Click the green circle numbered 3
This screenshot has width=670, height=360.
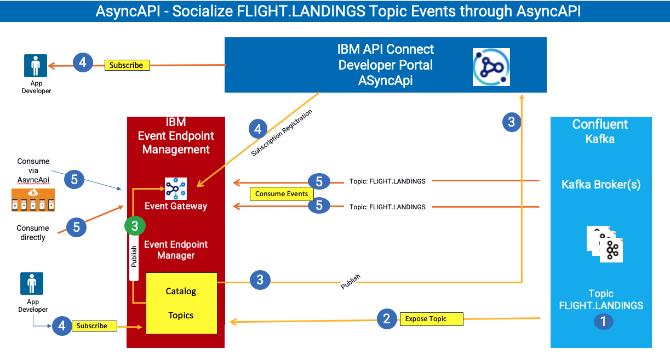click(x=135, y=226)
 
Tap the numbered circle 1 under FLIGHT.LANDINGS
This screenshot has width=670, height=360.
click(x=603, y=322)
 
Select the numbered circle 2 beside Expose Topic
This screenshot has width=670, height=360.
click(x=387, y=319)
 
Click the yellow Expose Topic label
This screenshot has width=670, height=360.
click(x=432, y=319)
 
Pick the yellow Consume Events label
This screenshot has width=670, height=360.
click(x=282, y=194)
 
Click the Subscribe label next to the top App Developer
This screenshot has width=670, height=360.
click(x=127, y=65)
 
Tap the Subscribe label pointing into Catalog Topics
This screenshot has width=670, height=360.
click(x=94, y=326)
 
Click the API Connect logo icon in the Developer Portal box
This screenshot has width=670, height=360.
click(x=491, y=67)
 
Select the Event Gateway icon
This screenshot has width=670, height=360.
click(x=176, y=188)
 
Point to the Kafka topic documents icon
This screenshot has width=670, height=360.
click(x=605, y=244)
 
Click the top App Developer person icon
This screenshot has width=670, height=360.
click(x=36, y=66)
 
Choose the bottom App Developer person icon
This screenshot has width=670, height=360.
click(x=32, y=283)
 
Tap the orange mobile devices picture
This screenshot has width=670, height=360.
click(x=33, y=200)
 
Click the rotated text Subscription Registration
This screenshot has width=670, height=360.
click(x=282, y=133)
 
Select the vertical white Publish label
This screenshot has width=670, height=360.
click(x=134, y=256)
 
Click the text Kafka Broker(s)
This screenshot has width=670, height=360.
click(x=601, y=185)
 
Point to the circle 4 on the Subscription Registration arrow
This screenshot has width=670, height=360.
click(x=258, y=129)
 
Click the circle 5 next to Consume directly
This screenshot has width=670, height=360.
click(x=76, y=227)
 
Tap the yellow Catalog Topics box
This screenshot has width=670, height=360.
click(x=181, y=303)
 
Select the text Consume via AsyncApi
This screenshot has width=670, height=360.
click(x=33, y=170)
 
